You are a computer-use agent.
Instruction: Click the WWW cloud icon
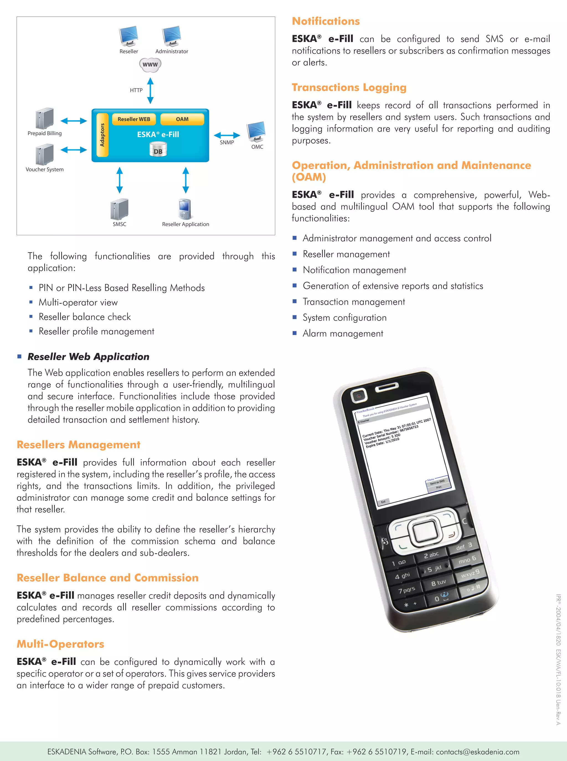150,65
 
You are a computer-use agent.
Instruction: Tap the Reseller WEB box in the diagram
134,119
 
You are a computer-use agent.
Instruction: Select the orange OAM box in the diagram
182,119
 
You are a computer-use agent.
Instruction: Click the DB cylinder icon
158,150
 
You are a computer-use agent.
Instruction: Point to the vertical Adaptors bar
102,135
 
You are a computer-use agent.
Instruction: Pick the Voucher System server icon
45,155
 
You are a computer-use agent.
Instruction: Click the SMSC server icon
119,209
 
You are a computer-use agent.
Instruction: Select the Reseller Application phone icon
185,209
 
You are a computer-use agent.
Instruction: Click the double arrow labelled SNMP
227,135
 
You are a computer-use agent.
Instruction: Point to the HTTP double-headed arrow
150,91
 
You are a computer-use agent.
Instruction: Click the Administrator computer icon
172,36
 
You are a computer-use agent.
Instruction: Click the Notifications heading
326,21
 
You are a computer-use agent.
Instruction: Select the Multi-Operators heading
60,644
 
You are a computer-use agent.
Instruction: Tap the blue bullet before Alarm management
295,333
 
